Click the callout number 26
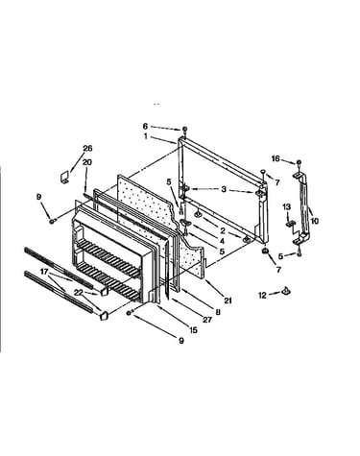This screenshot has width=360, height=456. [x=87, y=148]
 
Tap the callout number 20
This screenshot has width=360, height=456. [x=86, y=162]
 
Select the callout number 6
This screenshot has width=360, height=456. [x=145, y=127]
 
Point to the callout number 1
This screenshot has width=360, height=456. [x=146, y=136]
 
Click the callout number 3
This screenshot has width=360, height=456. [x=224, y=189]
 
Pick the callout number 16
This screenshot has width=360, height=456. [x=276, y=158]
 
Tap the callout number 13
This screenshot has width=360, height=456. [x=286, y=206]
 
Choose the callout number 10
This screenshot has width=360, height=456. [x=315, y=221]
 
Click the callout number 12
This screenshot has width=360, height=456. [x=262, y=295]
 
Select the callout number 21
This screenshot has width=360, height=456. [x=228, y=300]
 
